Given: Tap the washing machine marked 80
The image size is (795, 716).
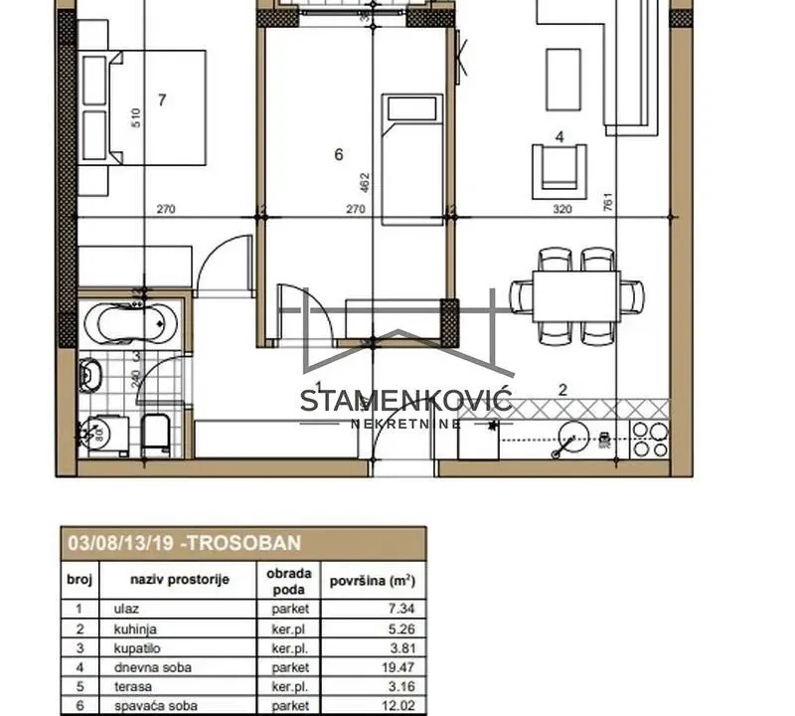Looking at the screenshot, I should (99, 435).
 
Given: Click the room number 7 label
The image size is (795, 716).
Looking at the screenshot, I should (161, 98).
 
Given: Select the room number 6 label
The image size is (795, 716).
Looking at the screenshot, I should (339, 154).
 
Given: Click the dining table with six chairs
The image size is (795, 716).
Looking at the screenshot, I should (576, 295).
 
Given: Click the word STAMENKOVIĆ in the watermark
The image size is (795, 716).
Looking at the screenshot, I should (405, 401).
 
